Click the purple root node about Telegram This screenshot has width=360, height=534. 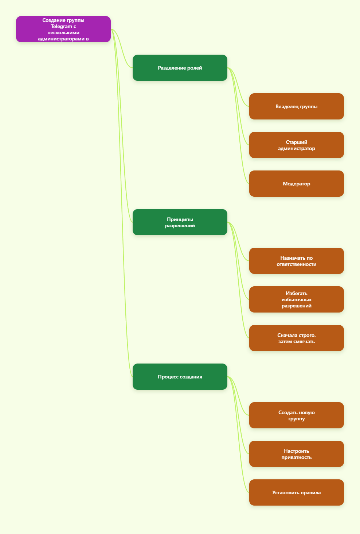[x=63, y=29]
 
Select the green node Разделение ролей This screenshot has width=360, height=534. [x=180, y=68]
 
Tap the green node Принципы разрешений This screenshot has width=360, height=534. [x=180, y=222]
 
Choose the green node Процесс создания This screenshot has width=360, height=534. [x=180, y=377]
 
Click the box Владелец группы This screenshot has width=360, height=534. [x=297, y=106]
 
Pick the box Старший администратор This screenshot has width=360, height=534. [x=297, y=145]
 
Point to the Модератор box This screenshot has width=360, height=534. [x=297, y=184]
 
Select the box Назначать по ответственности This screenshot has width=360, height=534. [x=297, y=261]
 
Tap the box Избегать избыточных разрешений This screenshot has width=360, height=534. [x=297, y=299]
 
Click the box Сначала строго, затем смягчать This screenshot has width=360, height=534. [x=297, y=338]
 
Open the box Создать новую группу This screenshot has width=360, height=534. [x=297, y=415]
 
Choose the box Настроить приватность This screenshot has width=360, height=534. [x=297, y=454]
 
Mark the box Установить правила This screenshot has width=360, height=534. [x=297, y=492]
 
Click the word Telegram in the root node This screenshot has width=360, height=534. [x=61, y=27]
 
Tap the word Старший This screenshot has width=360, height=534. [x=297, y=142]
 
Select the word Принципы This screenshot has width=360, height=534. [x=180, y=219]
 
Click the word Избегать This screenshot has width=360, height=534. [x=297, y=293]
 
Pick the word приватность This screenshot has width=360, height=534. [x=297, y=457]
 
